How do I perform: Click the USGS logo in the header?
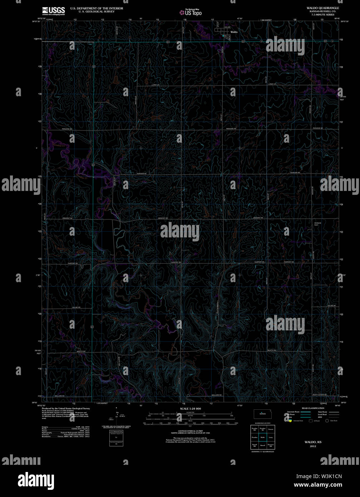tap(53, 11)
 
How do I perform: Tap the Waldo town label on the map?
tap(234, 32)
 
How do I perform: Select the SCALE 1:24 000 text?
tap(190, 409)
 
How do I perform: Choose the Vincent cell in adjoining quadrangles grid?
tap(271, 428)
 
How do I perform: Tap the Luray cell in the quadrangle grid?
tap(271, 437)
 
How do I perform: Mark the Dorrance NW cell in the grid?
tap(271, 446)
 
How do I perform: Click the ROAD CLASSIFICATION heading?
tap(313, 408)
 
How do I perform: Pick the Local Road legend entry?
tap(321, 415)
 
